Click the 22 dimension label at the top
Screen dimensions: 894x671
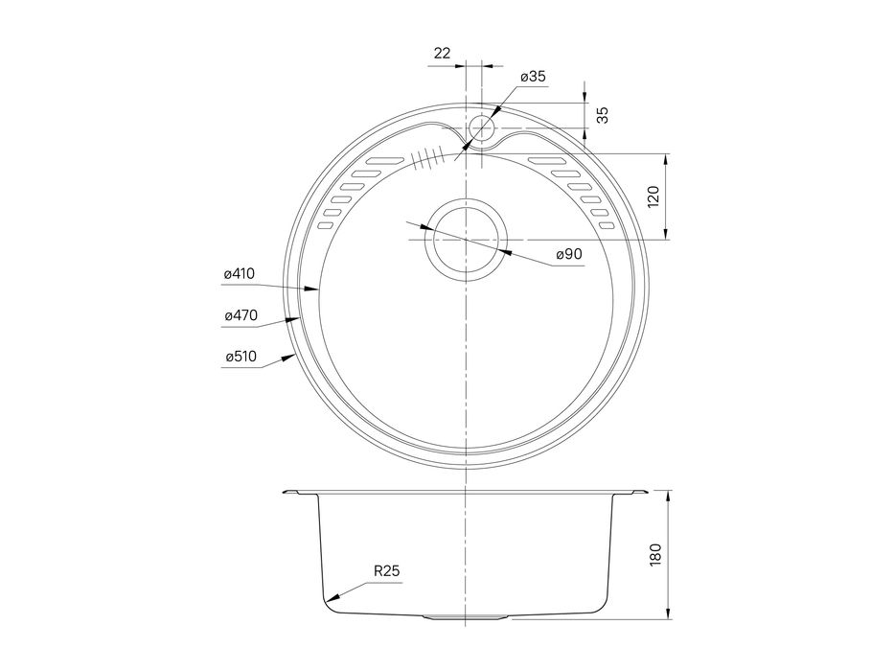tap(442, 53)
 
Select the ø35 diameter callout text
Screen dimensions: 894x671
tap(533, 77)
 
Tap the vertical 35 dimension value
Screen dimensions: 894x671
tap(603, 115)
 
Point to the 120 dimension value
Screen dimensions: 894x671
tap(653, 197)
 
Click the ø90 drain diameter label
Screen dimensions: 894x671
tap(569, 254)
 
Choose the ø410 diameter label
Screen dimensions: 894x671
tap(239, 274)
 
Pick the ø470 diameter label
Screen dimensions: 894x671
tap(241, 315)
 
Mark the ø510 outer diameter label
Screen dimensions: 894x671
tap(241, 357)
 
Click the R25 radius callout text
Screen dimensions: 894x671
tap(386, 570)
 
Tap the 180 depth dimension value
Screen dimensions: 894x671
tap(655, 555)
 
